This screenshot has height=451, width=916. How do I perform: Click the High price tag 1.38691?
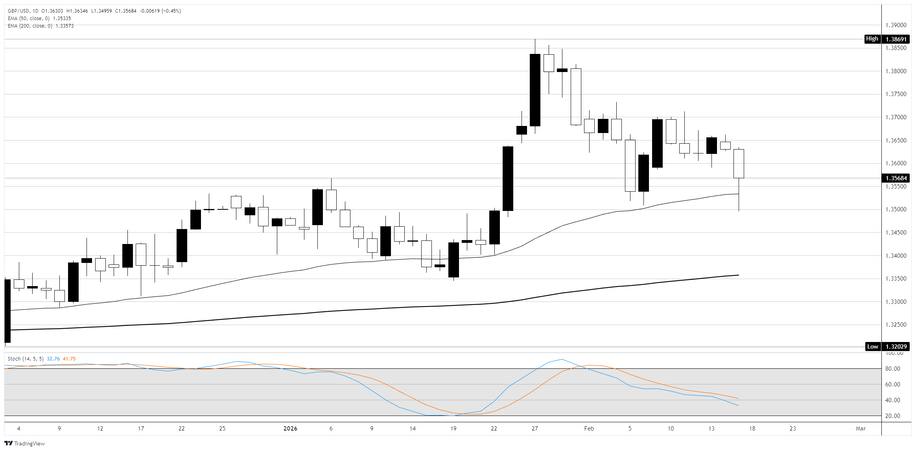coord(896,39)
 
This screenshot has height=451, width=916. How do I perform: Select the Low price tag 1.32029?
coord(896,347)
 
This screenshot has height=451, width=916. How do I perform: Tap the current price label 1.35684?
coord(896,178)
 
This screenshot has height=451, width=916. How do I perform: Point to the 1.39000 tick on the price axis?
coord(896,25)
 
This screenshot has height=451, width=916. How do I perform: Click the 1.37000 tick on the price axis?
coord(896,117)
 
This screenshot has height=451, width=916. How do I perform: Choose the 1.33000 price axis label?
coord(896,302)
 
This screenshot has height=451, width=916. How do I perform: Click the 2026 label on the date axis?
coord(290,429)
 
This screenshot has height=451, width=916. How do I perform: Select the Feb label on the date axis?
coord(589,429)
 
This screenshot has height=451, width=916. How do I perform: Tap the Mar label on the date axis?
coord(861,429)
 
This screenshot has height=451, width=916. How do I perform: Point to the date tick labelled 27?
coord(534,429)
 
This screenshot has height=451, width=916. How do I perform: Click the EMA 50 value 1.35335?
coord(62,18)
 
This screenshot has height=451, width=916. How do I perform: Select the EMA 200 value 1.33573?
coord(65,26)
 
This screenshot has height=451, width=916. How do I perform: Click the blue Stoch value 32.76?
coord(53,359)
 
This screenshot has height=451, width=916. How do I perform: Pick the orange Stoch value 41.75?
coord(69,359)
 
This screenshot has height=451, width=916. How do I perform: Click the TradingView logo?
coord(24,444)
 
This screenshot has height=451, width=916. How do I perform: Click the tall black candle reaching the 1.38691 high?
coord(535,90)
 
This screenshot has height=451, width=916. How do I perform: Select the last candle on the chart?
coord(739,164)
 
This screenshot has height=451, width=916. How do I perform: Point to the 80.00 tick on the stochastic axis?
coord(892,369)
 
